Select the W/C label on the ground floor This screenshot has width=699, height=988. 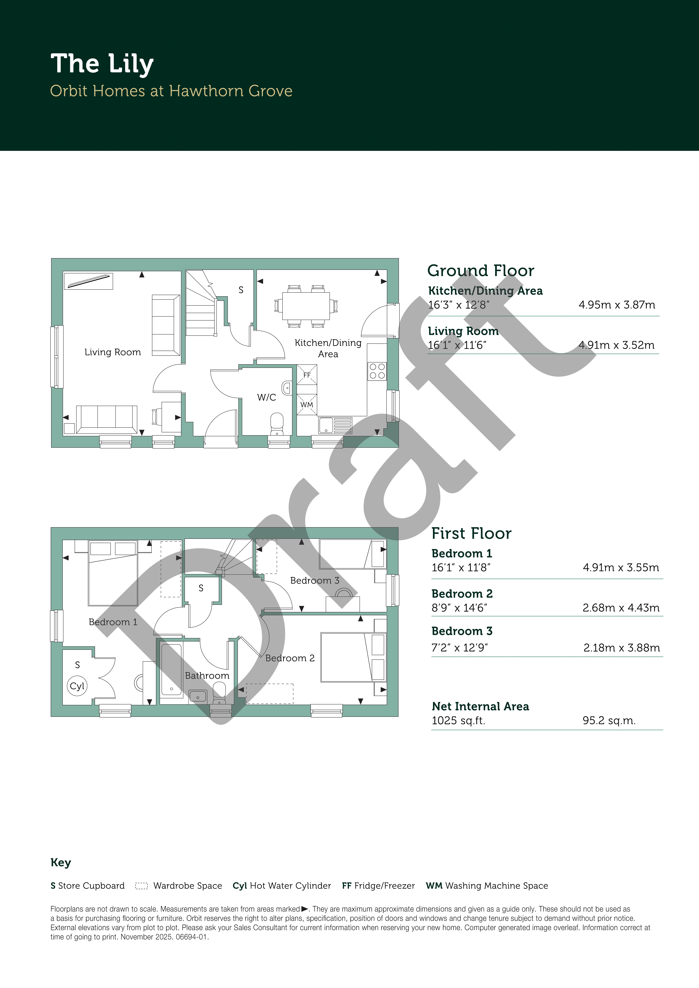pyautogui.click(x=267, y=397)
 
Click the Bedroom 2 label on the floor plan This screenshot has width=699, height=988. pyautogui.click(x=290, y=658)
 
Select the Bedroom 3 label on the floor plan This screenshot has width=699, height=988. pyautogui.click(x=315, y=580)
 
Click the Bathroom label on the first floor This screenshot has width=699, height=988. pyautogui.click(x=207, y=676)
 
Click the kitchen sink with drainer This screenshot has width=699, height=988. pyautogui.click(x=335, y=425)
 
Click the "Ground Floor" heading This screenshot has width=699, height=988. pyautogui.click(x=481, y=271)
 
